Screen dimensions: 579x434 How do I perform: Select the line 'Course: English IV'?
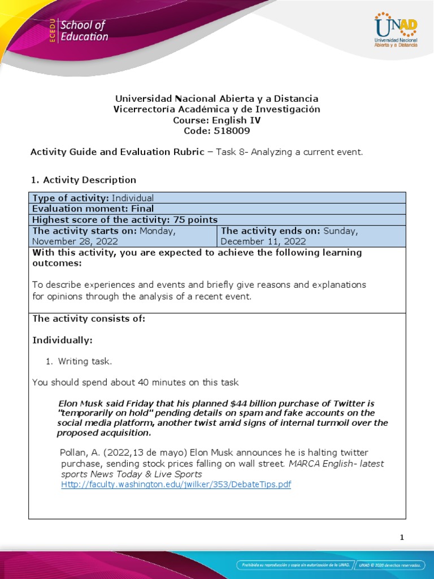pyautogui.click(x=217, y=120)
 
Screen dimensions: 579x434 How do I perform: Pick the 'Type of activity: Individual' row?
pyautogui.click(x=93, y=198)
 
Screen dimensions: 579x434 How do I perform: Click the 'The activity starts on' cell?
pyautogui.click(x=123, y=236)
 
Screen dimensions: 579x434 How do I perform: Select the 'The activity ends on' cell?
pyautogui.click(x=311, y=236)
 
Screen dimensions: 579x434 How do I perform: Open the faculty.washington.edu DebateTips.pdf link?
pyautogui.click(x=176, y=485)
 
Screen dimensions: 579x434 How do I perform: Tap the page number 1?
pyautogui.click(x=402, y=538)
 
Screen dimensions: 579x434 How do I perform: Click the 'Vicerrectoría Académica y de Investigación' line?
pyautogui.click(x=217, y=109)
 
